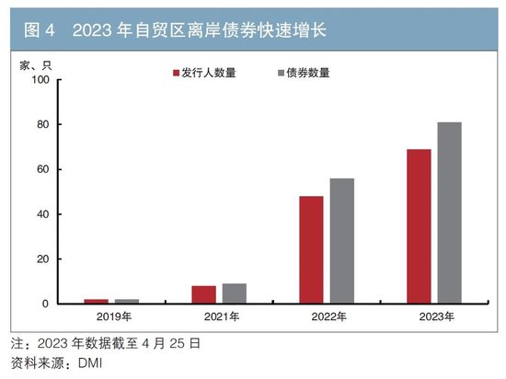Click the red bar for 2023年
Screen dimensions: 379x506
pyautogui.click(x=419, y=226)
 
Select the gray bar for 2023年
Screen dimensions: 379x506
pyautogui.click(x=449, y=212)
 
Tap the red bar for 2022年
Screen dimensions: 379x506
pyautogui.click(x=311, y=249)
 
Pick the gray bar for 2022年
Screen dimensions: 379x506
pyautogui.click(x=341, y=241)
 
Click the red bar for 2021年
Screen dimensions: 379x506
pyautogui.click(x=203, y=294)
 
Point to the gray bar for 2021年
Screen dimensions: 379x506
pyautogui.click(x=234, y=293)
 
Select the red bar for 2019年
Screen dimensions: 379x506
pyautogui.click(x=96, y=301)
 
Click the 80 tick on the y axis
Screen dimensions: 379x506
pyautogui.click(x=41, y=125)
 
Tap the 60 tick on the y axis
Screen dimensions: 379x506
pyautogui.click(x=41, y=170)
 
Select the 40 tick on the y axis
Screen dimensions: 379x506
pyautogui.click(x=41, y=214)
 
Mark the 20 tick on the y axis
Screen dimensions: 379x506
pyautogui.click(x=41, y=259)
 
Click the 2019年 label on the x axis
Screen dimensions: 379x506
pyautogui.click(x=111, y=317)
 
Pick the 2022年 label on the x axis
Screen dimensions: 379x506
pyautogui.click(x=327, y=317)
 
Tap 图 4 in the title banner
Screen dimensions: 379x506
pyautogui.click(x=39, y=31)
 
